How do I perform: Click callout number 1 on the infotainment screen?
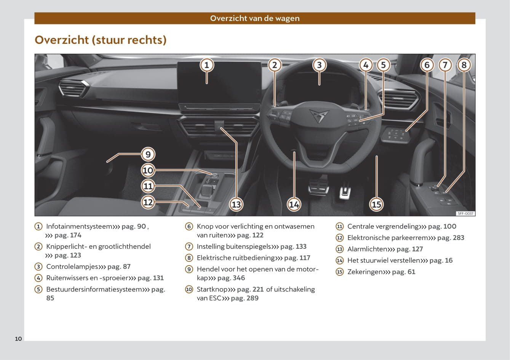207,65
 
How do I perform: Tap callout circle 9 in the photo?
148,154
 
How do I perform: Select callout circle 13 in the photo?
236,204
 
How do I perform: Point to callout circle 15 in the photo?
376,204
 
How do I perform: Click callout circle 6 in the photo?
427,65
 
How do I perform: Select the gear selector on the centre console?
207,190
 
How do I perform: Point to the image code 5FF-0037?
465,213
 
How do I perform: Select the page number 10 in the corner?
18,339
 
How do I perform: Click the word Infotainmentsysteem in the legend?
79,226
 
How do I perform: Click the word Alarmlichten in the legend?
367,249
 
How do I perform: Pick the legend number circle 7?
189,246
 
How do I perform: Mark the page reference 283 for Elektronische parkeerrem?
458,238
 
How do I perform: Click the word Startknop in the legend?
212,290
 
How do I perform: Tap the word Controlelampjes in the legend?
72,267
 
